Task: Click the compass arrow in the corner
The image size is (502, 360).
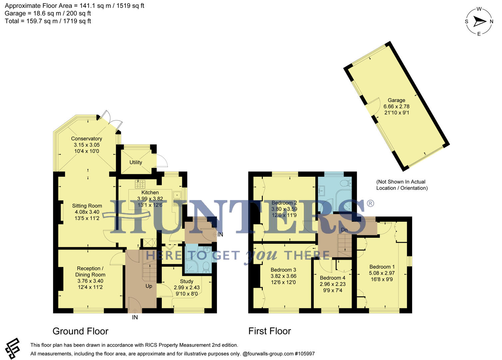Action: click(x=480, y=22)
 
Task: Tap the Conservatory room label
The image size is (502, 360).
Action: click(x=86, y=139)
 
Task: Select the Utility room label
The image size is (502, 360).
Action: click(x=136, y=162)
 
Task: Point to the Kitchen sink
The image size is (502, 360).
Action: click(x=177, y=195)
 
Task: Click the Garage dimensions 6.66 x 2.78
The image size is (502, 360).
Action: click(x=396, y=106)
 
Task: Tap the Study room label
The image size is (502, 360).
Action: click(x=187, y=281)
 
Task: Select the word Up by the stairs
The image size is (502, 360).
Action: click(x=149, y=286)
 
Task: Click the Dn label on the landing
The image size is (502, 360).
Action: click(x=344, y=230)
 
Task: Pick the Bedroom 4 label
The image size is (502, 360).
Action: click(x=332, y=278)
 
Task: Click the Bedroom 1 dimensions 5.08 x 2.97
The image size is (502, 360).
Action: click(x=382, y=273)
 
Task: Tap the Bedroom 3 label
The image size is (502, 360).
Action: click(x=283, y=270)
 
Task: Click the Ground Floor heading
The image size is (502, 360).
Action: click(x=80, y=331)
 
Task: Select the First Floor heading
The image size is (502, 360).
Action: click(x=269, y=331)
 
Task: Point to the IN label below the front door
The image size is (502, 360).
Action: click(x=135, y=317)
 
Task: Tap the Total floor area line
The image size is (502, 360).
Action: click(x=48, y=21)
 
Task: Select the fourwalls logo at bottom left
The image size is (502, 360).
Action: click(x=13, y=348)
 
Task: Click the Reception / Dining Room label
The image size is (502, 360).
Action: click(x=90, y=271)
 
